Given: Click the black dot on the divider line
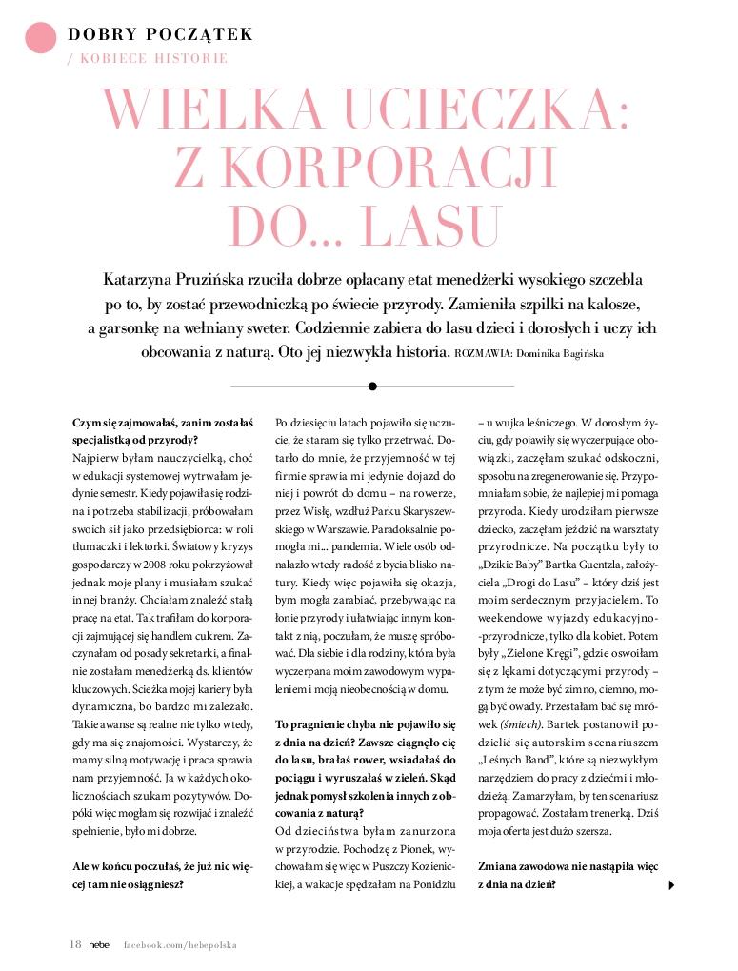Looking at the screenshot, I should [x=372, y=386].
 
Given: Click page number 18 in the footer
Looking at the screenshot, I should [x=75, y=944].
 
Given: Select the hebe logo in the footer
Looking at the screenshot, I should [x=99, y=945].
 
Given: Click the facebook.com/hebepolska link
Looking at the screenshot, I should [x=180, y=945].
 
